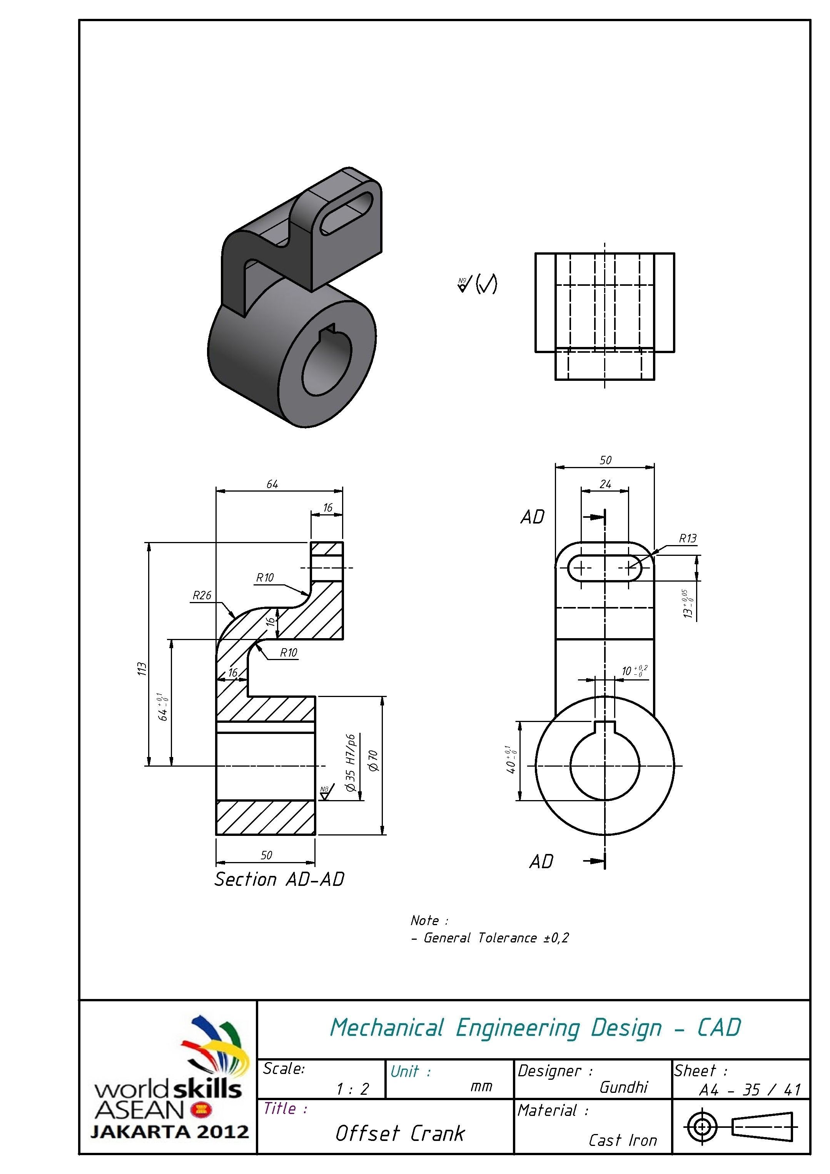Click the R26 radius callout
[x=202, y=595]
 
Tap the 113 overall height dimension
[x=142, y=669]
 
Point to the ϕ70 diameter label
[x=373, y=760]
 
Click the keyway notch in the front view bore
[x=605, y=727]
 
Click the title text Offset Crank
[x=400, y=1134]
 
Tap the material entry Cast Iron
[x=622, y=1140]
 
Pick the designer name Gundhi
[x=623, y=1087]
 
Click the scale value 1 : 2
[x=352, y=1089]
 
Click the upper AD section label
[x=533, y=517]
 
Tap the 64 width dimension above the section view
[x=272, y=484]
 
